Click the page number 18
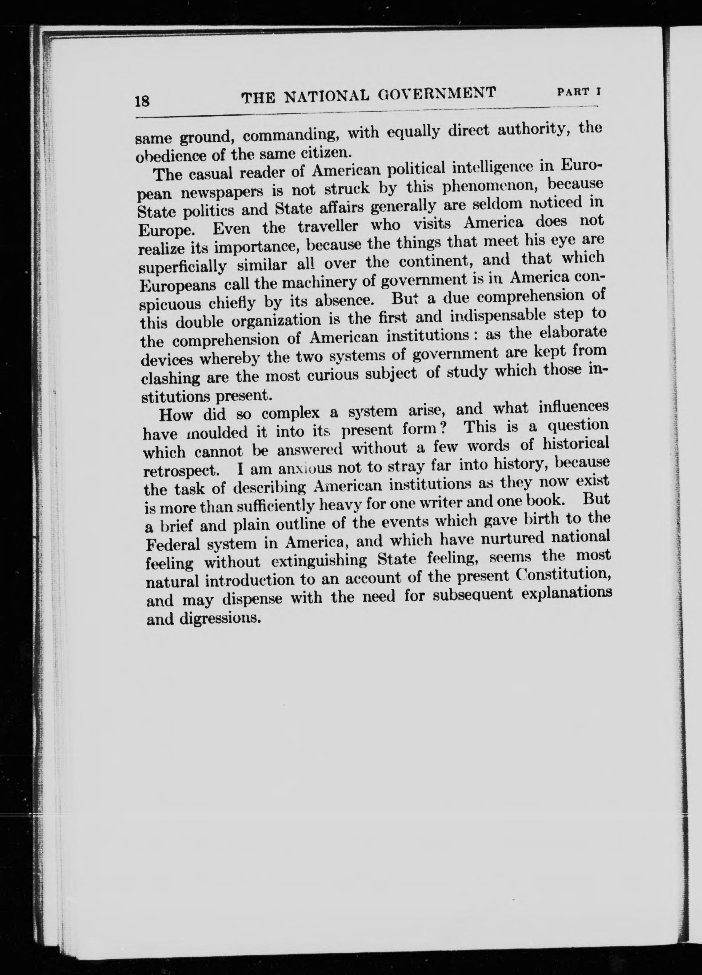pos(142,102)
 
